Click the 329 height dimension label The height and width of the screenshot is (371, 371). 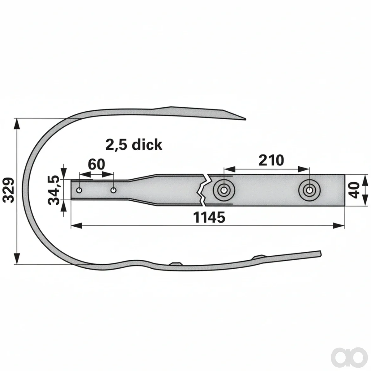pyautogui.click(x=9, y=190)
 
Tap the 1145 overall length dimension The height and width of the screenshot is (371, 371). pyautogui.click(x=209, y=217)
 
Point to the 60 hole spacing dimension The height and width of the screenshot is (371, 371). pyautogui.click(x=96, y=164)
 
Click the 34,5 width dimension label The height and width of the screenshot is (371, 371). pyautogui.click(x=54, y=190)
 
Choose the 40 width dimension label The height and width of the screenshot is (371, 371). pyautogui.click(x=354, y=190)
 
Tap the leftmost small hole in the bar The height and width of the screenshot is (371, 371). pyautogui.click(x=79, y=190)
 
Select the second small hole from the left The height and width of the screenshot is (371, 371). pyautogui.click(x=113, y=190)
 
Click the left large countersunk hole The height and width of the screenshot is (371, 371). pyautogui.click(x=224, y=190)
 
